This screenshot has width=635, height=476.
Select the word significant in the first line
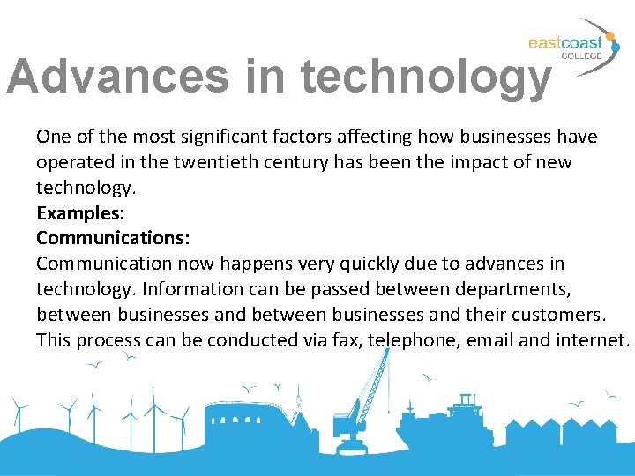216,137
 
